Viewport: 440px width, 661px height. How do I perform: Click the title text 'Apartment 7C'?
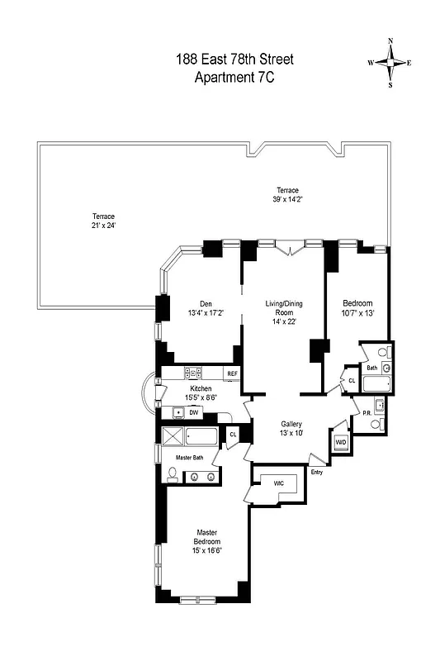(x=234, y=78)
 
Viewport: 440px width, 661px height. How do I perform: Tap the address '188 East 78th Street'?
(x=234, y=59)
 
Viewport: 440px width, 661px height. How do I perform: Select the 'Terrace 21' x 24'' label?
(x=104, y=221)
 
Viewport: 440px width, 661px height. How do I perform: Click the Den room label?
(x=206, y=307)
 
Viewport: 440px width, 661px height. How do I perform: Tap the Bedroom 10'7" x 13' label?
(x=357, y=308)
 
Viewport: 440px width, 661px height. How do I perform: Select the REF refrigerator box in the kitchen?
(x=232, y=374)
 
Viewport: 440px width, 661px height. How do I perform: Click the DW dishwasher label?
(x=194, y=411)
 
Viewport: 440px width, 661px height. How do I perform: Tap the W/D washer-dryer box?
(x=340, y=443)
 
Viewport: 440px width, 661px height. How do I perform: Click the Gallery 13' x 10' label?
(x=291, y=428)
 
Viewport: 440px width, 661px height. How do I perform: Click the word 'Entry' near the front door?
(x=316, y=472)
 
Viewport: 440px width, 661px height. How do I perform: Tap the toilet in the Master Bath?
(x=173, y=474)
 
